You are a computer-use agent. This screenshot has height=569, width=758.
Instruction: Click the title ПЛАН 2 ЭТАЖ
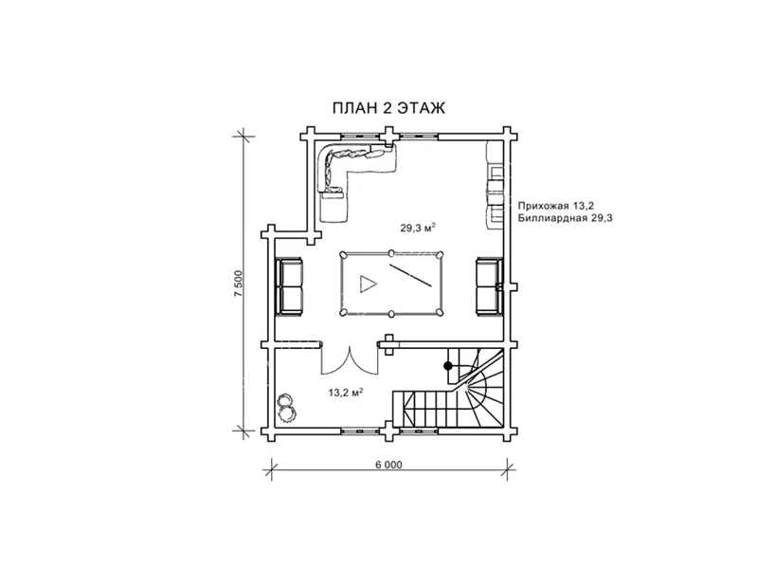[388, 108]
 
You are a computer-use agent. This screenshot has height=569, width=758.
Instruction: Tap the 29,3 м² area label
[418, 228]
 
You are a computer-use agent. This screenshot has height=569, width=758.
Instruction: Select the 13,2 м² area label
[346, 393]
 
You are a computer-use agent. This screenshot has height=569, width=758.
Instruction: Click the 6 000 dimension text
[388, 465]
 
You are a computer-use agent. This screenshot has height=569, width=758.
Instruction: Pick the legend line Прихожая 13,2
[556, 206]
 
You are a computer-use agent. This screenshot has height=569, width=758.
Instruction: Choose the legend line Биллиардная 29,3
[565, 218]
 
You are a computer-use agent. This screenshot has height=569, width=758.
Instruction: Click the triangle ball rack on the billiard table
[368, 283]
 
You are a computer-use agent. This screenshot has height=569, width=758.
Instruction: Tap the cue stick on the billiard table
[410, 276]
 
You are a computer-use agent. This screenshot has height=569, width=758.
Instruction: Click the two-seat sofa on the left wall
[290, 287]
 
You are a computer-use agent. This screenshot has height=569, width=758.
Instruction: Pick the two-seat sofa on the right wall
[489, 287]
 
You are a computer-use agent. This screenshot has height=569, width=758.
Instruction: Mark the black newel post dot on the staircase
[448, 366]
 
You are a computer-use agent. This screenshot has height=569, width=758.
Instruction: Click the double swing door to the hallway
[350, 359]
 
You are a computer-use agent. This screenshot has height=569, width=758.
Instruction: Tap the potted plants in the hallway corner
[286, 408]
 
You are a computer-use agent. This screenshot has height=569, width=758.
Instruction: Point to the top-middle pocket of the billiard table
[391, 252]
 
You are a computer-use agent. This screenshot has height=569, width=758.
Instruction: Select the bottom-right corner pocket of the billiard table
[439, 313]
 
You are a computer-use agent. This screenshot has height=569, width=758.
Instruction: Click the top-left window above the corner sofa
[361, 136]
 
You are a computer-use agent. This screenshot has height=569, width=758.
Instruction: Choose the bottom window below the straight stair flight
[419, 431]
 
